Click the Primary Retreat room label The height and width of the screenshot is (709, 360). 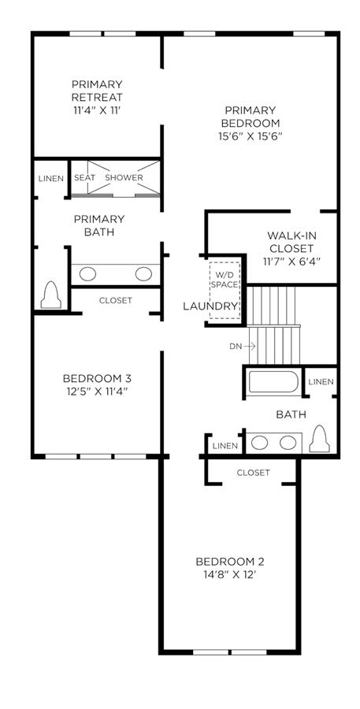point(97,91)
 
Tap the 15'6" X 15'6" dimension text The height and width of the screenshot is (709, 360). point(250,135)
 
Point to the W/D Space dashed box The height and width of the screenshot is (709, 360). point(225,290)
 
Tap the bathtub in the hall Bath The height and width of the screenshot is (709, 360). point(273,381)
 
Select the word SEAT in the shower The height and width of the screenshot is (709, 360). point(84,178)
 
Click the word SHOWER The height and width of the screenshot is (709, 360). point(124,178)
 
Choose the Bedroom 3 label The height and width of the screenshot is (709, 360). point(97,378)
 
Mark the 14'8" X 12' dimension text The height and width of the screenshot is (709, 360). point(229,574)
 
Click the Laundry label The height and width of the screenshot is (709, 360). point(210,306)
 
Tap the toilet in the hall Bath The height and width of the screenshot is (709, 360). point(319,439)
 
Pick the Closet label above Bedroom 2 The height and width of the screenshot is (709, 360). point(254,473)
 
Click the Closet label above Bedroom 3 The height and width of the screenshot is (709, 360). point(116,300)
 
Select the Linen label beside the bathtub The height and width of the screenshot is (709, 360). point(321,382)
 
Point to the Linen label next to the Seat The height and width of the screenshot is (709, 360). point(51,179)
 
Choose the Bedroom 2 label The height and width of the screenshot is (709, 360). point(230,562)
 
